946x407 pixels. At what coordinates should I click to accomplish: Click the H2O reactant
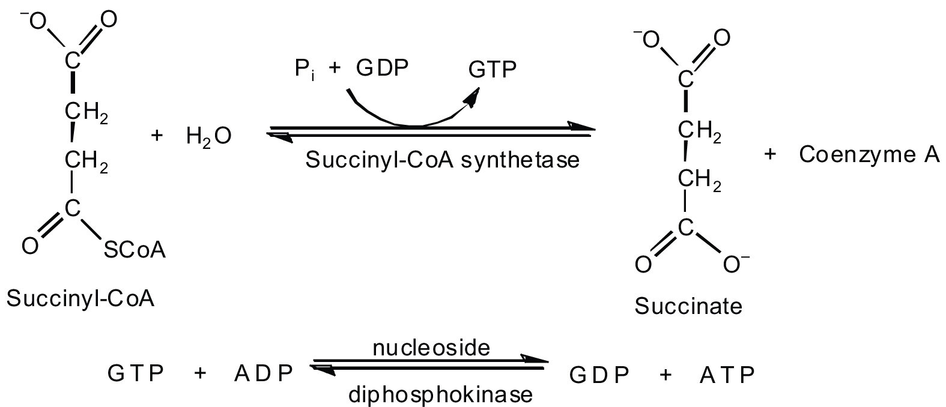(x=207, y=138)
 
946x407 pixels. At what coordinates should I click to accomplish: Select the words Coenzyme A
(x=869, y=155)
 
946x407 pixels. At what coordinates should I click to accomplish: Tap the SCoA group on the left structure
(x=135, y=250)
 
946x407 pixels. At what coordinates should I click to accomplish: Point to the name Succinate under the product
(x=688, y=307)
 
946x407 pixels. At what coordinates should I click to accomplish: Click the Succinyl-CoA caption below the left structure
(x=80, y=298)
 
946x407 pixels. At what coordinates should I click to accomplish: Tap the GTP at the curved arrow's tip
(x=493, y=70)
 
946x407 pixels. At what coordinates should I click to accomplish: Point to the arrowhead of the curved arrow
(x=475, y=98)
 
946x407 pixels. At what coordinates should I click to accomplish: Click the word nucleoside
(x=431, y=348)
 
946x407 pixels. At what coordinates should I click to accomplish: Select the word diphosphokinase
(x=440, y=395)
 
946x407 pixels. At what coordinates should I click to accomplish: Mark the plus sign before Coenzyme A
(x=770, y=155)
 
